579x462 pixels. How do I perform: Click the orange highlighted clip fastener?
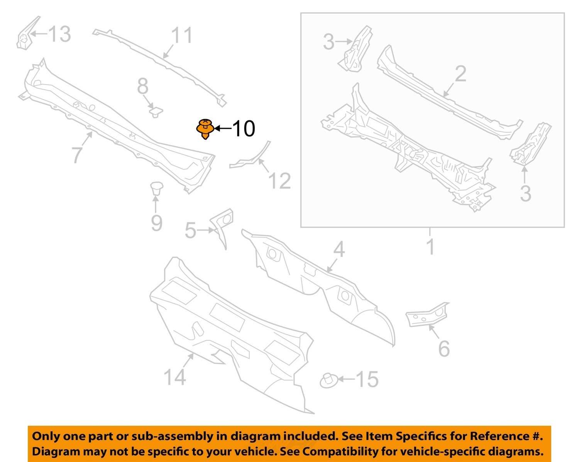tap(205, 129)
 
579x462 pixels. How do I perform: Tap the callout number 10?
tap(243, 129)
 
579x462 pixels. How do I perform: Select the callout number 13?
tap(59, 34)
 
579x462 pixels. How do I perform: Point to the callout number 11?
tap(181, 36)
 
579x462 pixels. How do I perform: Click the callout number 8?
tap(143, 86)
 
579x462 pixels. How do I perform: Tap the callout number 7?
tap(77, 155)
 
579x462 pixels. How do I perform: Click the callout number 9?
tap(156, 223)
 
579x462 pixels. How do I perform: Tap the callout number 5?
tap(190, 230)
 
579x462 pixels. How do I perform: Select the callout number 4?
tap(339, 249)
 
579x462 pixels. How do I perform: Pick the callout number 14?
tap(174, 376)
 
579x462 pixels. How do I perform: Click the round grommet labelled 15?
tap(328, 381)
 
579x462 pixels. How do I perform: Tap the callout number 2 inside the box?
tap(460, 74)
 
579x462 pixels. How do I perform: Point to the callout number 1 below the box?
tap(430, 247)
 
